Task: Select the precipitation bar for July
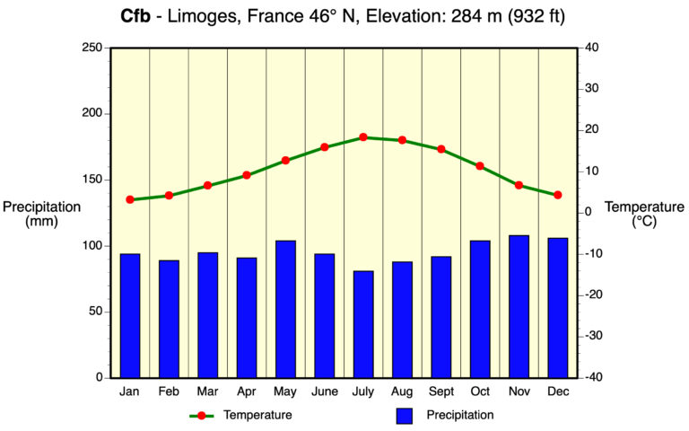pos(363,324)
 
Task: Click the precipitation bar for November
pos(519,306)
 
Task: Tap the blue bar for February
pos(169,319)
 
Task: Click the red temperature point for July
pos(363,137)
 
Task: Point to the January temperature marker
pos(130,199)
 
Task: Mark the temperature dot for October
pos(480,166)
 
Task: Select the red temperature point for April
pos(247,175)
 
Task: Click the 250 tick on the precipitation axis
pos(92,48)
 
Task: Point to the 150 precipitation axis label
pos(92,180)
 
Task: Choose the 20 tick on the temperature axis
pos(593,130)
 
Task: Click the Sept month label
pos(440,391)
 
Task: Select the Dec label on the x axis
pos(557,391)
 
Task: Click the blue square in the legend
pos(404,416)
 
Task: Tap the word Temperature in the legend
pos(257,415)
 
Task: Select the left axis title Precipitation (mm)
pos(41,214)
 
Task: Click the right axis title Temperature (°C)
pos(644,214)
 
